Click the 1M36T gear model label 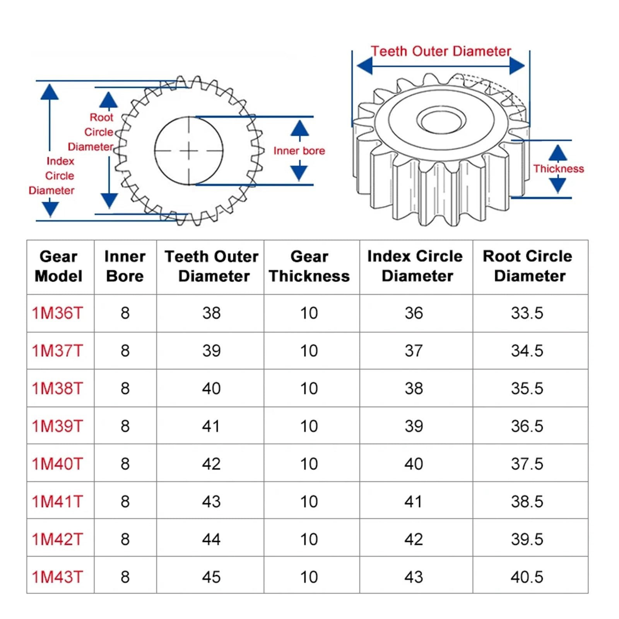(57, 313)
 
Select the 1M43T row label (57, 577)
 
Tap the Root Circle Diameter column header (528, 266)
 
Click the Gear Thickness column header (309, 266)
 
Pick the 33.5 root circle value (527, 313)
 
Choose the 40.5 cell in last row (527, 577)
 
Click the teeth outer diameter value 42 (211, 464)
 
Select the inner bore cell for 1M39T (125, 426)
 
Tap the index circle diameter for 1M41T (414, 502)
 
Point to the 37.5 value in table (527, 464)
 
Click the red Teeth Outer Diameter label (441, 51)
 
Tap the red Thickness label (558, 169)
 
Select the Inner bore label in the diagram (299, 151)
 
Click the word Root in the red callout (101, 117)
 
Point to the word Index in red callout (60, 161)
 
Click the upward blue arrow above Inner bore (299, 128)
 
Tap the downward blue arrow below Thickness (558, 185)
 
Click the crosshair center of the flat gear (189, 151)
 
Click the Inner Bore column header (125, 266)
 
